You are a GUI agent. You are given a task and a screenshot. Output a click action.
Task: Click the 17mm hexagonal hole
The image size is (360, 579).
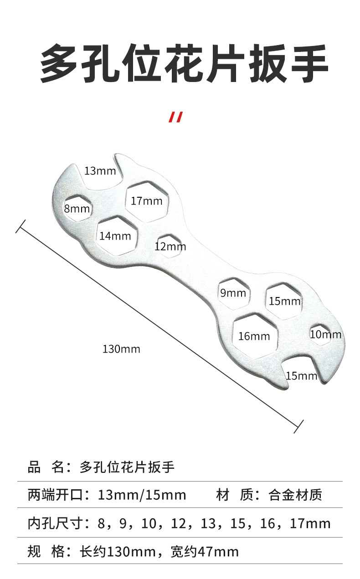tap(147, 201)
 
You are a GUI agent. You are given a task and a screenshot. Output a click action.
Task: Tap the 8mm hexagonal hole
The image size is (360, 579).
tap(77, 208)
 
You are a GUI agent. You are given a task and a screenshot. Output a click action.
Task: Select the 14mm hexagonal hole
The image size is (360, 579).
tap(118, 236)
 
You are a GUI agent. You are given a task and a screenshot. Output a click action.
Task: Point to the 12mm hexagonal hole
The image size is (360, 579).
tap(170, 246)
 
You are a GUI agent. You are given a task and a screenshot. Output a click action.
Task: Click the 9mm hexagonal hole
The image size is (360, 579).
tap(234, 293)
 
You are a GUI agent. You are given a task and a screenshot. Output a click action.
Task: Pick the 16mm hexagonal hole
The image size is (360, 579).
tap(255, 336)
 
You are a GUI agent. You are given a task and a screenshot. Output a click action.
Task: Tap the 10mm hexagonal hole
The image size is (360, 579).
tap(321, 334)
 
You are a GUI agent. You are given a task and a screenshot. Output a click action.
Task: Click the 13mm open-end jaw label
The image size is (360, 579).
tap(100, 171)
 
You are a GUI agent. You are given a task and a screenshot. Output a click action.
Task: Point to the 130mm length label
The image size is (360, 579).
tap(121, 349)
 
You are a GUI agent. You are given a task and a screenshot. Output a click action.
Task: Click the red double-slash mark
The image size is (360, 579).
tap(176, 117)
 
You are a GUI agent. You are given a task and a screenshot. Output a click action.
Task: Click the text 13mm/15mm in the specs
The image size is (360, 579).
tap(142, 495)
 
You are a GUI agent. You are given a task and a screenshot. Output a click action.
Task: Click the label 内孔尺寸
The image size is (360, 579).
tap(54, 523)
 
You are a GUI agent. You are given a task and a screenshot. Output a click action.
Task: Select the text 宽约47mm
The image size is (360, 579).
tap(204, 552)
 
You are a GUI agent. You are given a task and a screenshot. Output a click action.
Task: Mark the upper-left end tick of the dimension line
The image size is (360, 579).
tap(21, 226)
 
